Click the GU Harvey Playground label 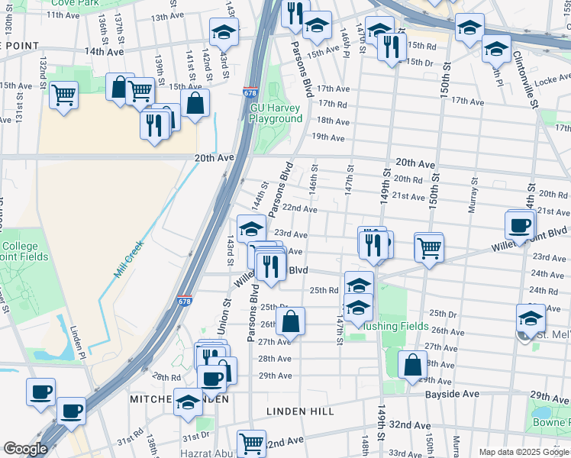(x=276, y=113)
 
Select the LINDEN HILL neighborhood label (x=300, y=411)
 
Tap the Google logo (x=25, y=449)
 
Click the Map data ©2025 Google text (x=524, y=452)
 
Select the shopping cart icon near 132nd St (x=64, y=95)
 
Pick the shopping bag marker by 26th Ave (x=291, y=321)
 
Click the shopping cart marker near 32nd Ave (x=251, y=443)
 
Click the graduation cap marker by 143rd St (x=224, y=32)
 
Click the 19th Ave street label (x=328, y=137)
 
